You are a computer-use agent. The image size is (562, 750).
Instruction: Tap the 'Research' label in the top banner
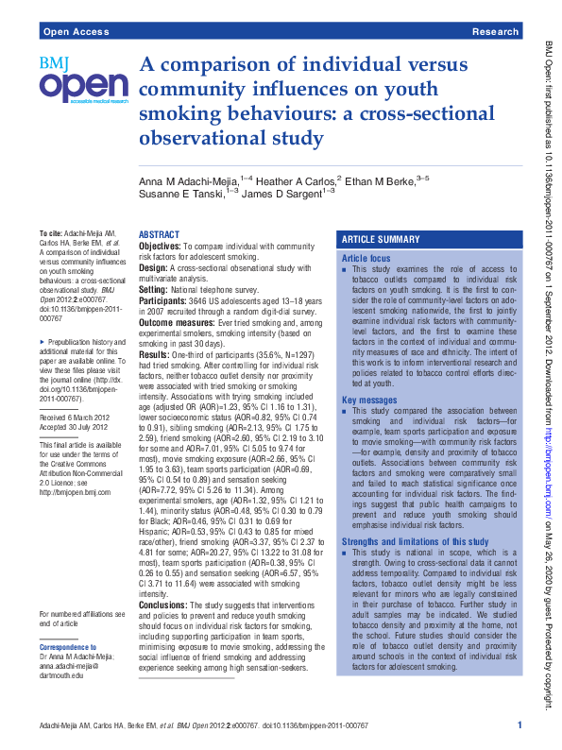pyautogui.click(x=494, y=31)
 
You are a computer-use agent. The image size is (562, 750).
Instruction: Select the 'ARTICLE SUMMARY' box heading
pyautogui.click(x=381, y=240)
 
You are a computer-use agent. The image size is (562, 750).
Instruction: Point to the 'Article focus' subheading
pyautogui.click(x=366, y=258)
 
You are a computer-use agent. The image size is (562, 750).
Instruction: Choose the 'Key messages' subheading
pyautogui.click(x=369, y=401)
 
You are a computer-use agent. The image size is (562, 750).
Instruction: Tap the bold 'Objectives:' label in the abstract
pyautogui.click(x=161, y=246)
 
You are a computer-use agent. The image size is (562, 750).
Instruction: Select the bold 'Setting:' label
pyautogui.click(x=155, y=289)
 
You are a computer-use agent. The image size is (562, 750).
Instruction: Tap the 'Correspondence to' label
pyautogui.click(x=68, y=647)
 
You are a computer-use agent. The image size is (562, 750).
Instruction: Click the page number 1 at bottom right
pyautogui.click(x=519, y=724)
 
